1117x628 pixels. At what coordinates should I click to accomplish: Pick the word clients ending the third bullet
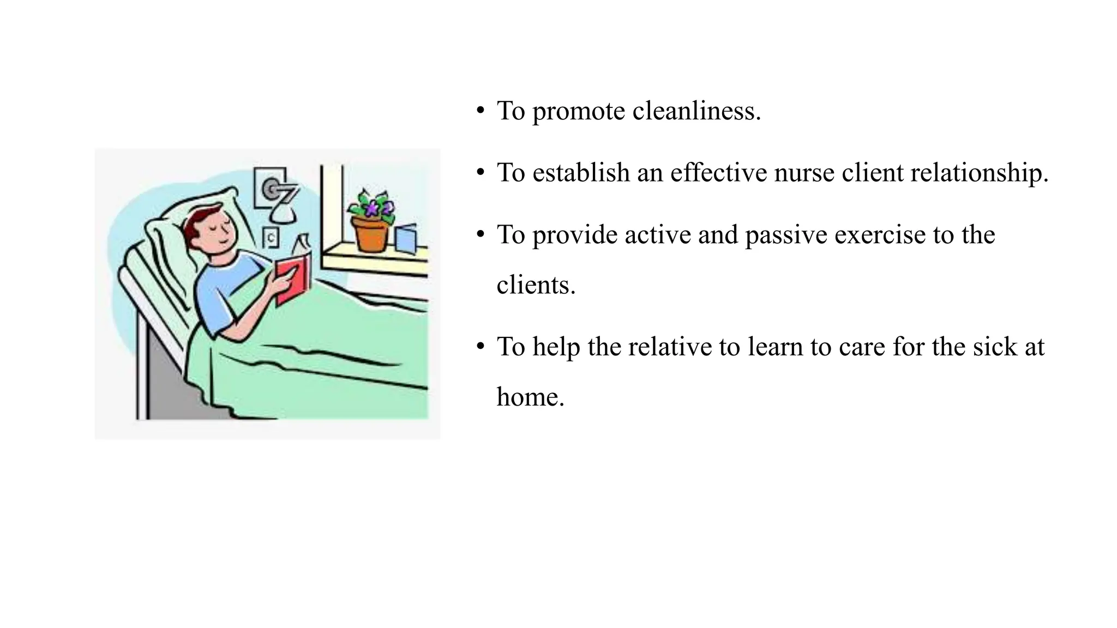535,285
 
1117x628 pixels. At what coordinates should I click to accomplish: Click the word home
530,397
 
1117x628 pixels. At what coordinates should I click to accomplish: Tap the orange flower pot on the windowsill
371,234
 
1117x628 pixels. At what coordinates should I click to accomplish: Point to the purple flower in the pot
373,208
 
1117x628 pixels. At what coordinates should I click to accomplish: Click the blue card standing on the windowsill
406,240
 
